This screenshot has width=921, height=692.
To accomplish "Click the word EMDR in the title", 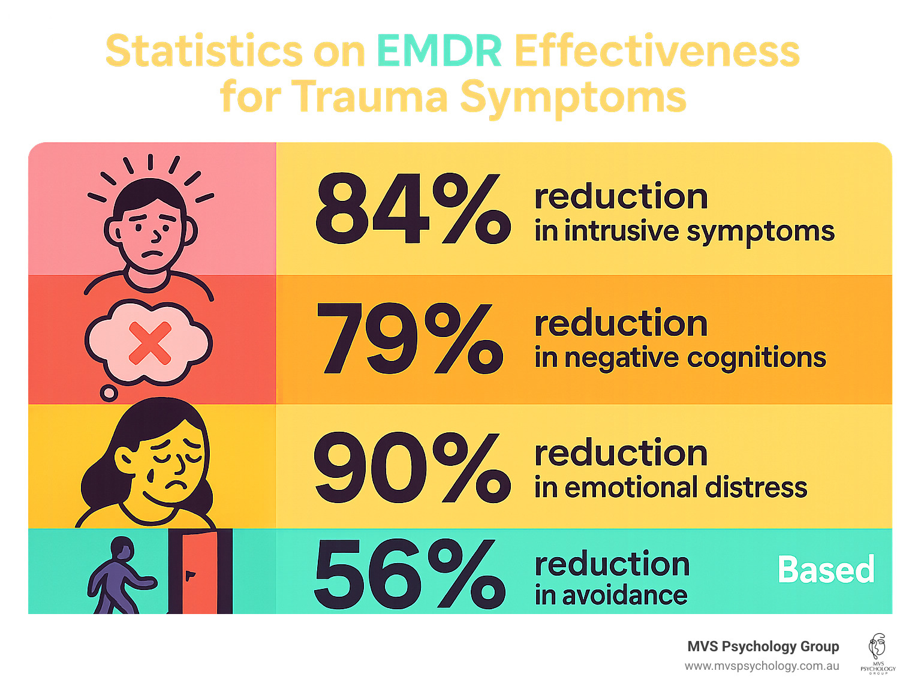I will click(439, 51).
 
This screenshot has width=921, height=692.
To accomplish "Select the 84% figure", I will click(412, 209).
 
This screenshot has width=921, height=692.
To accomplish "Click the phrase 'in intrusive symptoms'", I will click(684, 232).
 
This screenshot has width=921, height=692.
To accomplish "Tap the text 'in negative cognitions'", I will click(680, 358).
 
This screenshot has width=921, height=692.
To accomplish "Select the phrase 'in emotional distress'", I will click(670, 488).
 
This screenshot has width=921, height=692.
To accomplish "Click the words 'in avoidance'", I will click(610, 595).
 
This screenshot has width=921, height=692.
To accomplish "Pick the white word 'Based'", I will click(826, 570).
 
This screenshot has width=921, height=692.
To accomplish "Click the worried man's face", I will click(152, 231).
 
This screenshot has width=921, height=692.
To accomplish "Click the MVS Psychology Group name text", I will click(763, 646).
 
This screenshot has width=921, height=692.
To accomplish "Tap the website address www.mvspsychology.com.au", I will click(762, 666).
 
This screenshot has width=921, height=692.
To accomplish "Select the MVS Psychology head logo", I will click(877, 652).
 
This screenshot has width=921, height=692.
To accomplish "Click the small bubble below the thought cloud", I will click(109, 393).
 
